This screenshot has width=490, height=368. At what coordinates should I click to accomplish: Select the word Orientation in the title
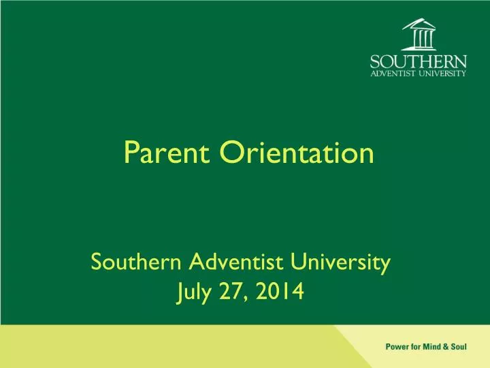[x=296, y=153]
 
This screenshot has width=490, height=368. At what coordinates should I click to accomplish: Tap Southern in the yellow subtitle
[x=136, y=261]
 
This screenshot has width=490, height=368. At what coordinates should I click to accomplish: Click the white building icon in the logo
[x=418, y=34]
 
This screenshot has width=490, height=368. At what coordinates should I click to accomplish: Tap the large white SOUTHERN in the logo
[x=419, y=61]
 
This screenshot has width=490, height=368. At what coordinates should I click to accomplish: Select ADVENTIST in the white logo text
[x=393, y=74]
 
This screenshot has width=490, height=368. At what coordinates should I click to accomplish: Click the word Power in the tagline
[x=398, y=346]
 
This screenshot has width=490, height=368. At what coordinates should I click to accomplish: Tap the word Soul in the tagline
[x=459, y=346]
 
